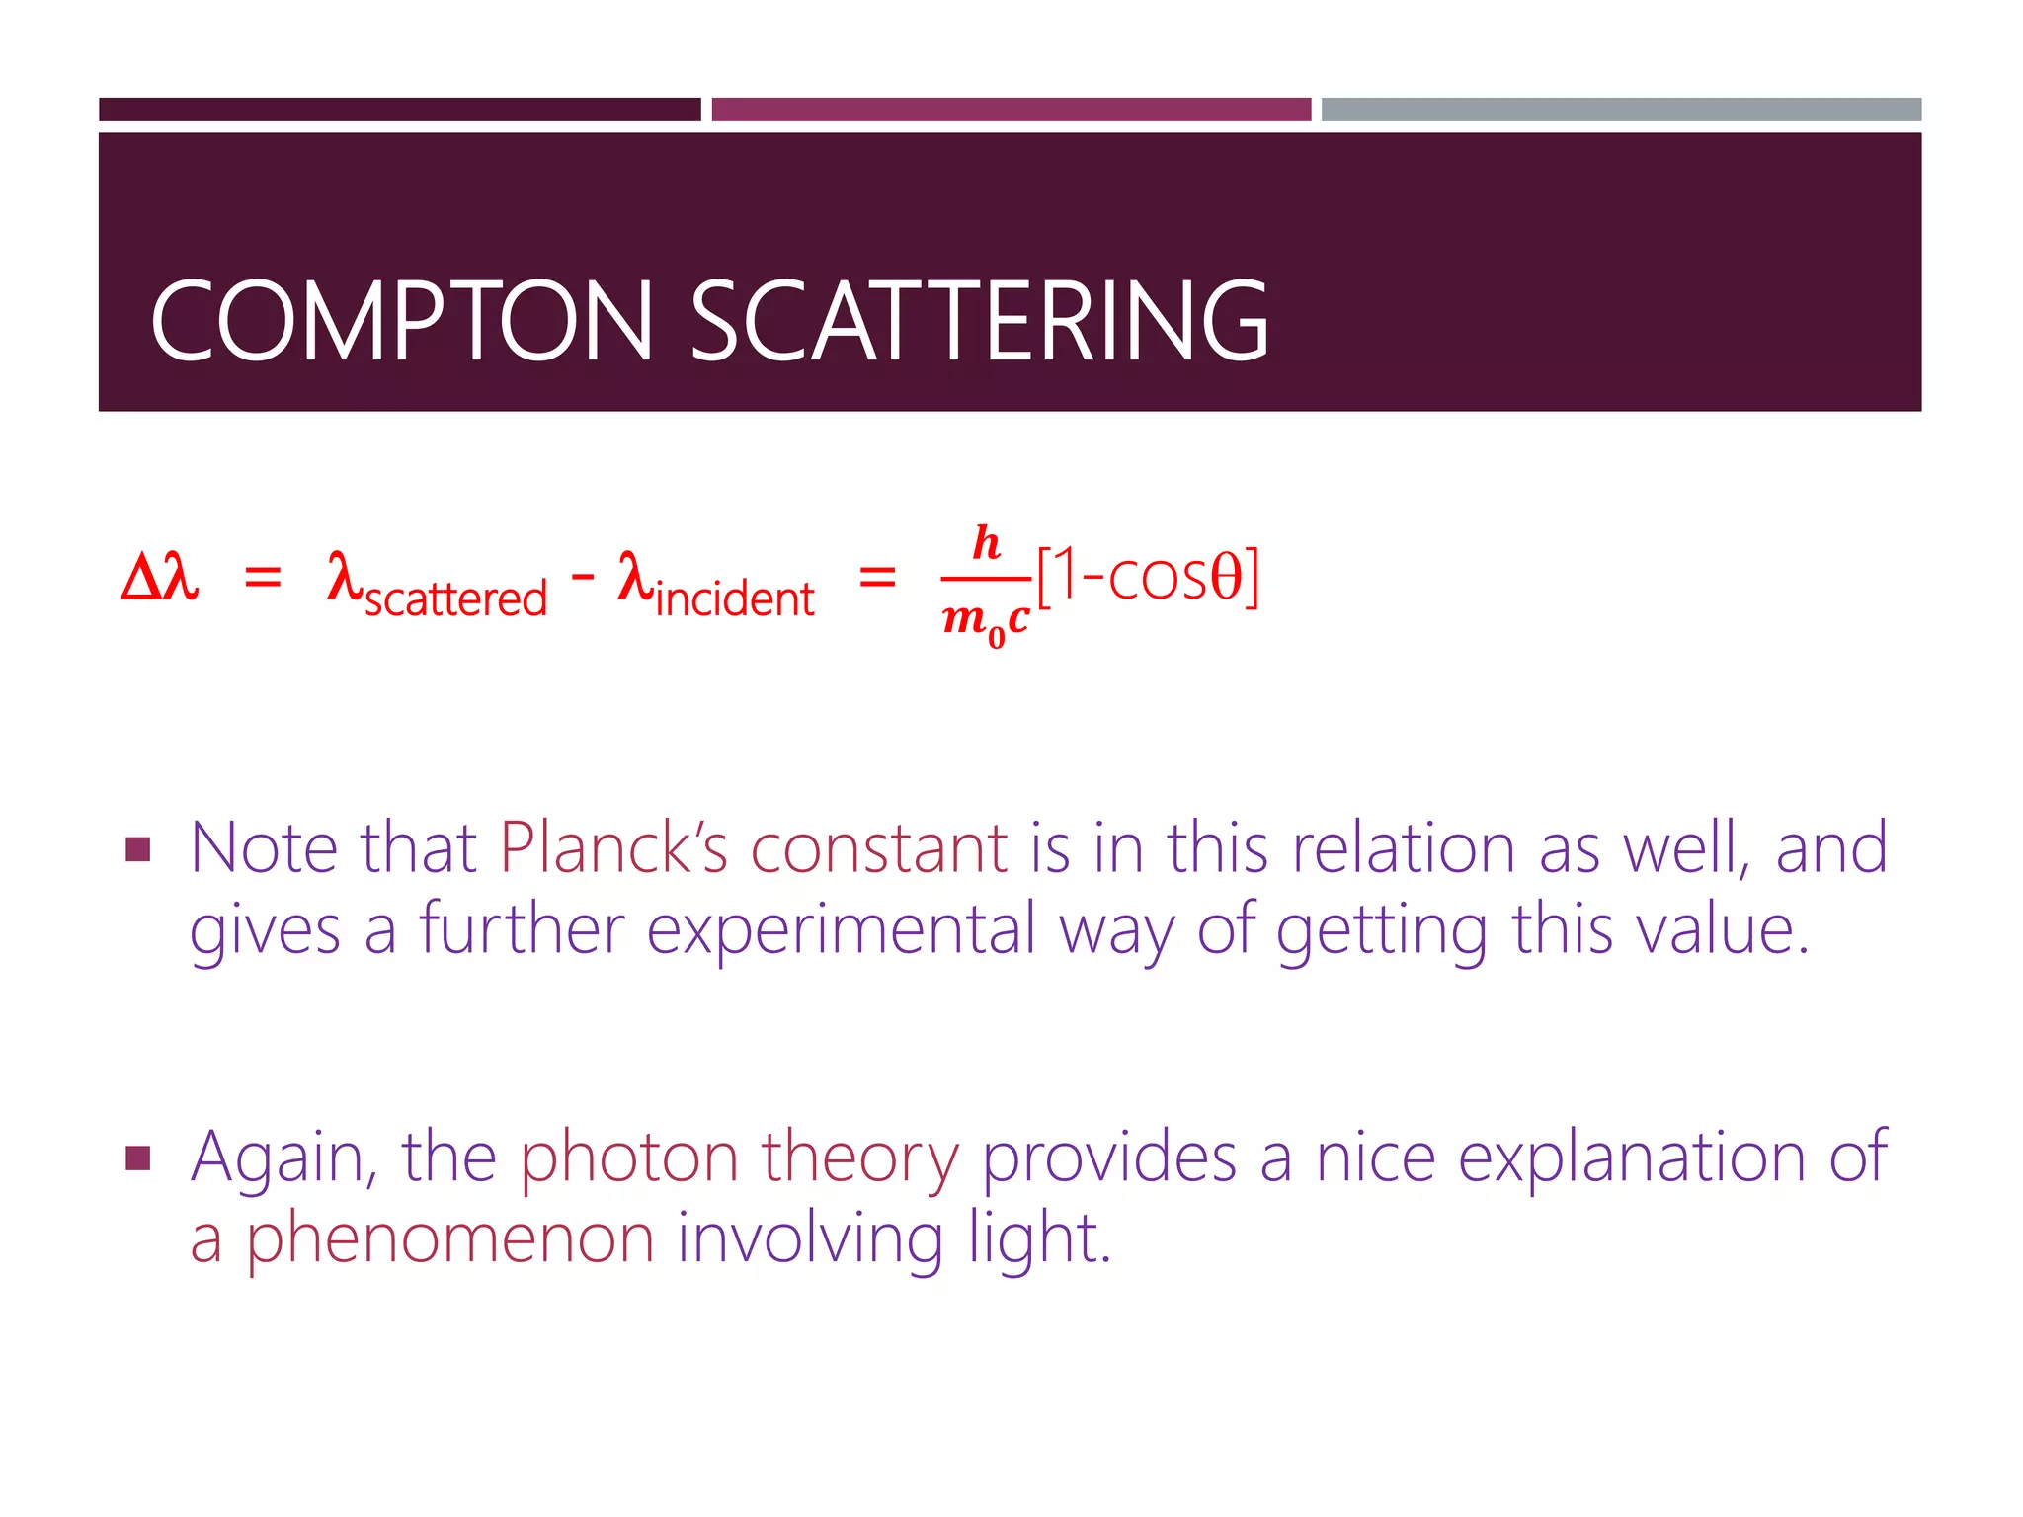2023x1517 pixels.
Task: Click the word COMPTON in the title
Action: (x=401, y=321)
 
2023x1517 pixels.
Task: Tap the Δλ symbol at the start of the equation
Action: (x=159, y=577)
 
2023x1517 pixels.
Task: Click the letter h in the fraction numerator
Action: (x=986, y=543)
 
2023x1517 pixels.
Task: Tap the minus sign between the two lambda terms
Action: (x=583, y=575)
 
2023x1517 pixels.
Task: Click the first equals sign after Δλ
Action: (x=263, y=577)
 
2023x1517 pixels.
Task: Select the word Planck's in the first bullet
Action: (x=612, y=847)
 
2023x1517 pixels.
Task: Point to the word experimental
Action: (x=841, y=930)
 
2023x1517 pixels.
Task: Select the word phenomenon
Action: (x=449, y=1238)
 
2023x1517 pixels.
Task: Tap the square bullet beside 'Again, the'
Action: (x=138, y=1158)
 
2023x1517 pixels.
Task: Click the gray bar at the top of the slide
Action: (x=1621, y=110)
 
